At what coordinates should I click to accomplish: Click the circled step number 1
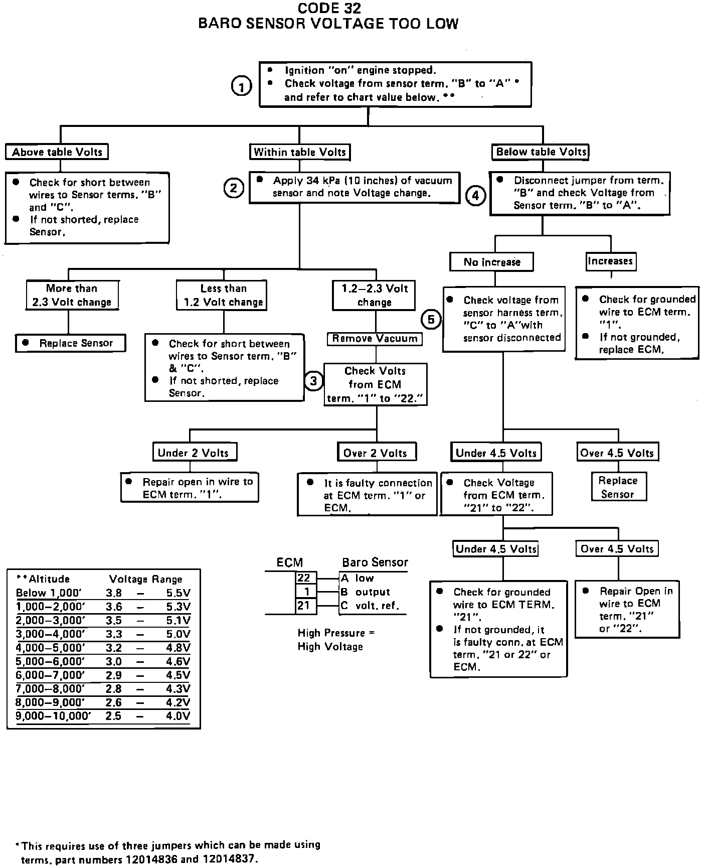click(x=241, y=86)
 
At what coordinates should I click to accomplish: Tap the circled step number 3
click(x=313, y=381)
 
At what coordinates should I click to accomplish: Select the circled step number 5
click(x=431, y=319)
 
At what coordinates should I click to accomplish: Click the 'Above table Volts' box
click(x=57, y=152)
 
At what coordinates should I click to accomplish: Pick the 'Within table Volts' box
click(x=300, y=152)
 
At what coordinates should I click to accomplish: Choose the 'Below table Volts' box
click(x=542, y=152)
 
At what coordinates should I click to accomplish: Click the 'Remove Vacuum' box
click(x=375, y=339)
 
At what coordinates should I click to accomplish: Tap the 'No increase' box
click(x=491, y=262)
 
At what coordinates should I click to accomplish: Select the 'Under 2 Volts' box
click(x=194, y=453)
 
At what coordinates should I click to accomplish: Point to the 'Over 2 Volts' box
click(x=375, y=453)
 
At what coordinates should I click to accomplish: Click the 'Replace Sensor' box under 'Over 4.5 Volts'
click(x=618, y=487)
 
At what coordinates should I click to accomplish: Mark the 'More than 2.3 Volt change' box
click(x=72, y=295)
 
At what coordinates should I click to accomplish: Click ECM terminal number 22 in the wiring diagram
click(x=304, y=578)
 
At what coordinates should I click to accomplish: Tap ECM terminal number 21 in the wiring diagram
click(x=303, y=606)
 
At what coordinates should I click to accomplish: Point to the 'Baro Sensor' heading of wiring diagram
click(x=375, y=562)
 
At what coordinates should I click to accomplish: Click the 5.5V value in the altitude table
click(x=179, y=593)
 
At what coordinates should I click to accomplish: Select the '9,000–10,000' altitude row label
click(x=53, y=716)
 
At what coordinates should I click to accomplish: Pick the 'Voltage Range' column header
click(x=145, y=579)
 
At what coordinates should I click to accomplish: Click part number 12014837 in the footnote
click(x=229, y=859)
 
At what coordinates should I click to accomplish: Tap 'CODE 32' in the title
click(x=328, y=8)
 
